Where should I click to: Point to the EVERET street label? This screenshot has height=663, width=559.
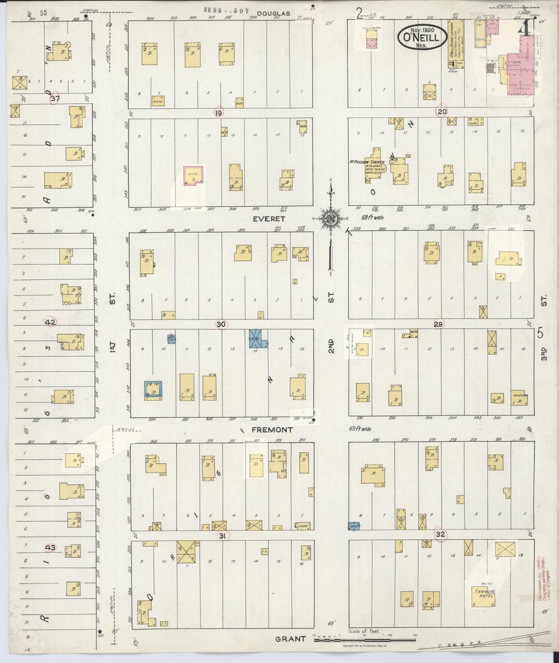[x=268, y=219]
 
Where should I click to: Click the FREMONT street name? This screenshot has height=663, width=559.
[x=272, y=430]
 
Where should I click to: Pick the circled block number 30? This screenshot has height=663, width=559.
[x=221, y=324]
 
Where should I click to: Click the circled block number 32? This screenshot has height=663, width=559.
[x=441, y=535]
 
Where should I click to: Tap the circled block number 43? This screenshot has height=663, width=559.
[x=51, y=547]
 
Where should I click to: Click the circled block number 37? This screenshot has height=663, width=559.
[x=55, y=99]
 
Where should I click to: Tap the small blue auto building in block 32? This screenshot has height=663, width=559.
[x=354, y=526]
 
